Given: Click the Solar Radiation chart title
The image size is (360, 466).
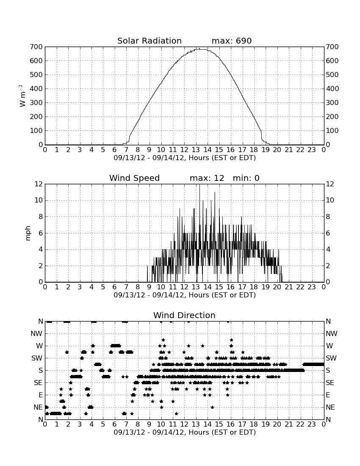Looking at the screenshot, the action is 150,41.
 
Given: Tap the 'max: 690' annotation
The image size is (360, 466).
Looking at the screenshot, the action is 232,41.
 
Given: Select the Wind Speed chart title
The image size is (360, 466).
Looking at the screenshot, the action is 135,178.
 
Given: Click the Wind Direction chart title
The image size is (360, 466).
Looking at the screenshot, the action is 185,315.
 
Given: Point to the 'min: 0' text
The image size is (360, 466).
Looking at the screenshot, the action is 246,178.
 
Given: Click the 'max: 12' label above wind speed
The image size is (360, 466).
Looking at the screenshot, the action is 207,178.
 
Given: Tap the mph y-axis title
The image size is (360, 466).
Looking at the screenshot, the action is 28,233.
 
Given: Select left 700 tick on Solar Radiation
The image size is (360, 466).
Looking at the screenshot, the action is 36,47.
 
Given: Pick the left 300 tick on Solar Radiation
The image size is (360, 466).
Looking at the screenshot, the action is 36,103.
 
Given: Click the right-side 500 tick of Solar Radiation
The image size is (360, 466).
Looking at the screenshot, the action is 332,75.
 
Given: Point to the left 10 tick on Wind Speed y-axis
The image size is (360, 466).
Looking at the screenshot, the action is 39,200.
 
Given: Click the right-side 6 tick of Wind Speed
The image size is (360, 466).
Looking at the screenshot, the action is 328,233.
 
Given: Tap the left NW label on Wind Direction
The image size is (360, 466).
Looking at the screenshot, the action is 36,334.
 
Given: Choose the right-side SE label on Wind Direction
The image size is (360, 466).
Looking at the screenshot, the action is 330,383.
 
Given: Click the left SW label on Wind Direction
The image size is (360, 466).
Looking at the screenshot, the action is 37,358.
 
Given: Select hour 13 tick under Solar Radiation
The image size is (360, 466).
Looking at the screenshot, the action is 196,150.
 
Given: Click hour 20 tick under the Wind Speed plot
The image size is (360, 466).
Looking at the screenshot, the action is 277,287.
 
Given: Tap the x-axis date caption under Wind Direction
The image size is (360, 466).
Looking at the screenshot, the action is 185,432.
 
